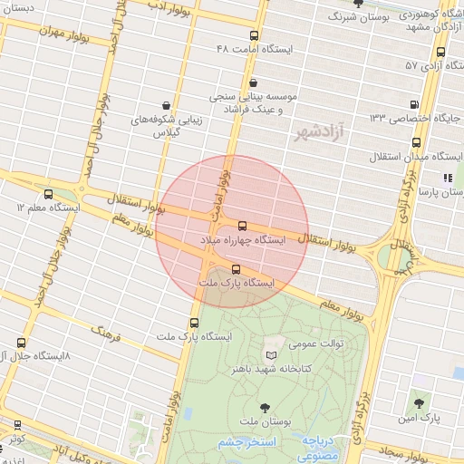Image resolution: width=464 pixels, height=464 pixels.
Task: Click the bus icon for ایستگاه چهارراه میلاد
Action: click(x=242, y=226)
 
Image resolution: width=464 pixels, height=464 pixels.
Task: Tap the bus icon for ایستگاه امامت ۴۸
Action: click(x=253, y=35)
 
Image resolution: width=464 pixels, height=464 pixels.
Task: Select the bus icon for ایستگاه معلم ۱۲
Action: click(x=48, y=194)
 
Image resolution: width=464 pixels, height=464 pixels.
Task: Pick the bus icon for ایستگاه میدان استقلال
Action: click(x=416, y=142)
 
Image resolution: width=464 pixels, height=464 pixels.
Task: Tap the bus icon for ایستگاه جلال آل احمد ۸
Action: click(x=21, y=343)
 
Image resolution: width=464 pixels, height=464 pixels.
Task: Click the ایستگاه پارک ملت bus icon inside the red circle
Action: click(x=237, y=268)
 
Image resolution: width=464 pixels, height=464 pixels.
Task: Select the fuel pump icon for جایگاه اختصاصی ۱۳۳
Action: click(x=415, y=104)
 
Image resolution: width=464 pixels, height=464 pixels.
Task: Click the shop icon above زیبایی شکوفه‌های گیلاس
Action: click(x=165, y=106)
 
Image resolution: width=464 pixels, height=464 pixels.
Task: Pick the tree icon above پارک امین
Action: click(x=418, y=403)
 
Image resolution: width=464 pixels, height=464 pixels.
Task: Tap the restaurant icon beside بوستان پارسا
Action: click(x=448, y=178)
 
